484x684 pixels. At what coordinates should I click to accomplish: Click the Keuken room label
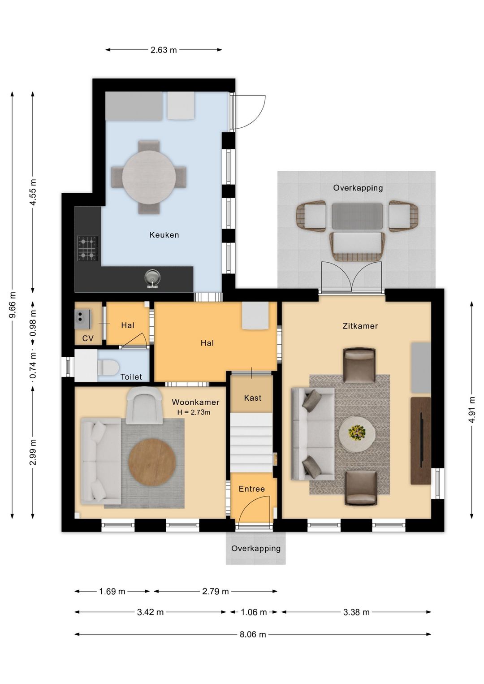(x=164, y=235)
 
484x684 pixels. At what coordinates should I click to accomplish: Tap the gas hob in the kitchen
(x=88, y=248)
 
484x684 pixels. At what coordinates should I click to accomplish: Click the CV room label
(x=88, y=338)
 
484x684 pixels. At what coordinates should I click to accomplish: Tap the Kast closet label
(x=253, y=398)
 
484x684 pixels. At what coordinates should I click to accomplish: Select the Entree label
(x=251, y=489)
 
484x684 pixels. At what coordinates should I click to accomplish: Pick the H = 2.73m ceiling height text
(x=194, y=412)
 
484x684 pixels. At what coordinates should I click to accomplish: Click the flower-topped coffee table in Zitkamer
(x=357, y=433)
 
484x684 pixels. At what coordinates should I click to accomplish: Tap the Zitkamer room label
(x=360, y=326)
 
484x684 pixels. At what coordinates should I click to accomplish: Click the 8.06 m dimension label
(x=253, y=634)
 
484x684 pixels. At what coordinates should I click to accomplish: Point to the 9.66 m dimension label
(x=13, y=305)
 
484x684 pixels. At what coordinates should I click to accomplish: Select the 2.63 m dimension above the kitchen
(x=164, y=50)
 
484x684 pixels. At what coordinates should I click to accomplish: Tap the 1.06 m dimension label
(x=254, y=612)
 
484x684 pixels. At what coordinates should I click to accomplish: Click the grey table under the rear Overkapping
(x=357, y=216)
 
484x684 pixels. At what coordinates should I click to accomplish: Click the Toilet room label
(x=131, y=377)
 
